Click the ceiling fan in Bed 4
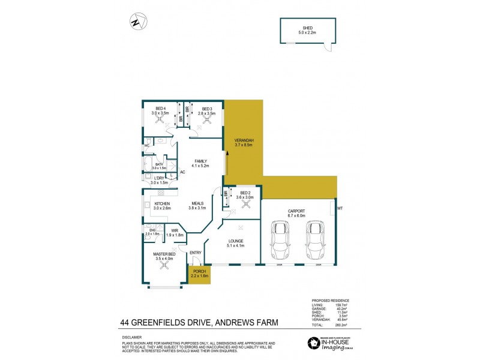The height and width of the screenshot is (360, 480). click(160, 119)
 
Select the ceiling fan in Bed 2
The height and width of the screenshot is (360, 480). click(245, 203)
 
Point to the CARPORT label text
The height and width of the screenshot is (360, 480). click(296, 212)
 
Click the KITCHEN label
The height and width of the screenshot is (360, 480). click(163, 205)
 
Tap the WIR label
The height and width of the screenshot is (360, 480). click(175, 231)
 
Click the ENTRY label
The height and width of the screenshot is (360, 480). click(196, 253)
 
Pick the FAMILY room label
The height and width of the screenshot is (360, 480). click(200, 161)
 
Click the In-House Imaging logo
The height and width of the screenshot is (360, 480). click(332, 343)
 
